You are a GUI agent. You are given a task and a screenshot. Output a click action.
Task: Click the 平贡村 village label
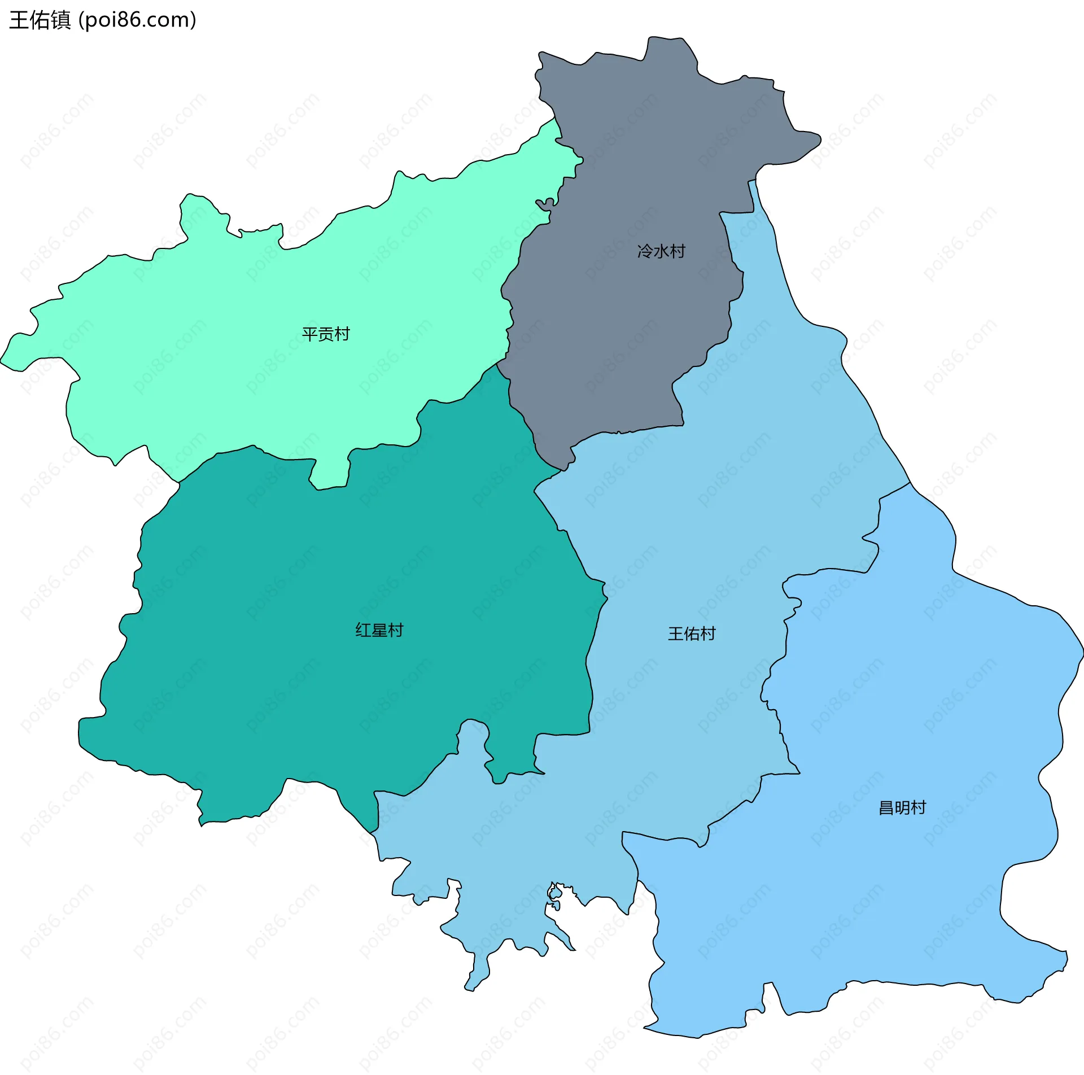point(326,334)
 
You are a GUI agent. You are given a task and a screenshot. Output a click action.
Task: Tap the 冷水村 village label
point(661,251)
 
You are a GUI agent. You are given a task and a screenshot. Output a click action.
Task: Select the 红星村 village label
point(379,630)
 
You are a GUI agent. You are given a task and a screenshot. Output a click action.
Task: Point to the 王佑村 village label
point(692,633)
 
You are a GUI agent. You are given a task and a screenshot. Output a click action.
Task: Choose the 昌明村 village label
point(902,807)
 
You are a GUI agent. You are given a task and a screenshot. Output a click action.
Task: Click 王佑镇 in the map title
point(40,20)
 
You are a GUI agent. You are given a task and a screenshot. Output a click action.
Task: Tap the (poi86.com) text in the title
point(137,20)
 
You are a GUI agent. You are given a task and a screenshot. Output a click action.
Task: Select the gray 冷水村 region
point(621,339)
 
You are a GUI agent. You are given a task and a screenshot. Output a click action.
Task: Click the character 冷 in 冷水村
point(645,251)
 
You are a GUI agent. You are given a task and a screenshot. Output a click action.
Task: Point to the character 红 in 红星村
point(363,630)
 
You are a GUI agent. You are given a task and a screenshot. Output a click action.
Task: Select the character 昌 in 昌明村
point(886,807)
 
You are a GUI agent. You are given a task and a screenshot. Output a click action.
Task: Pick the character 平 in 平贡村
point(309,334)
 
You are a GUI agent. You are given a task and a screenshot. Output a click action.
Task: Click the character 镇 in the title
point(61,20)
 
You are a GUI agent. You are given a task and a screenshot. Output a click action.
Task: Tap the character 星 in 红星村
point(379,630)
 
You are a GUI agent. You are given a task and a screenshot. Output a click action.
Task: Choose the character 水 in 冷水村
point(661,251)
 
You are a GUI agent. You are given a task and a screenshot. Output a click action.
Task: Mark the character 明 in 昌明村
point(902,807)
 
